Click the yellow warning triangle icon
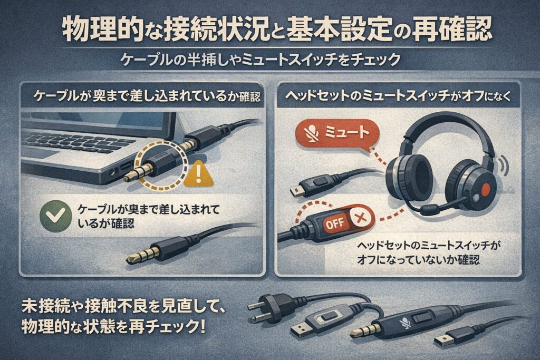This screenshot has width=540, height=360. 198,174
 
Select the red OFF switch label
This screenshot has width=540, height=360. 334,223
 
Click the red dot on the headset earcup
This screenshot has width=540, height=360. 485,188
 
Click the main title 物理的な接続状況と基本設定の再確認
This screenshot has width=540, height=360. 277,30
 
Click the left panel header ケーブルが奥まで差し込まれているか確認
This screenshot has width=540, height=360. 147,96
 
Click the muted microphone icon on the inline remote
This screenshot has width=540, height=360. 403,324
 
